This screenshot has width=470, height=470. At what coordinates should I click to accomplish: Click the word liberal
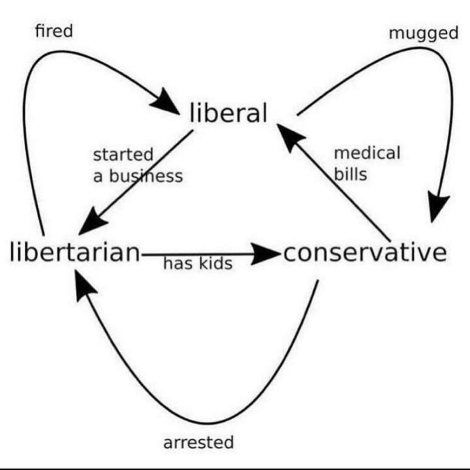228,113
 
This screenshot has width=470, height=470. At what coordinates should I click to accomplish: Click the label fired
54,31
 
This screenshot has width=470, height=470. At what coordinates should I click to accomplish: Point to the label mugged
423,33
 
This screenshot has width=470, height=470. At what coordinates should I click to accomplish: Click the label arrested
198,442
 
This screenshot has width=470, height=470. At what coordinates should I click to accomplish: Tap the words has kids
198,263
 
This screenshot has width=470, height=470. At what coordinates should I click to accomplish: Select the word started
123,154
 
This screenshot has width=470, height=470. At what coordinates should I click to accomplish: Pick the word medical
367,153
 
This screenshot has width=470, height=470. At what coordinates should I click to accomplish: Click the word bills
350,175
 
